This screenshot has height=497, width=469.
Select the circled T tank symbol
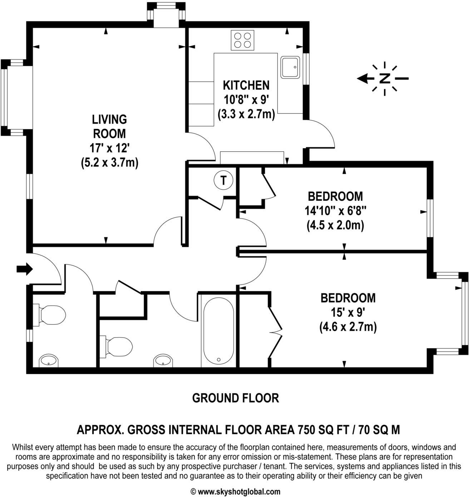(x=223, y=181)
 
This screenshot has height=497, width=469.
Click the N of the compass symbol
(x=384, y=79)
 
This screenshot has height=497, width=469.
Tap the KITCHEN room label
(x=246, y=85)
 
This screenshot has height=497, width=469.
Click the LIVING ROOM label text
(x=109, y=126)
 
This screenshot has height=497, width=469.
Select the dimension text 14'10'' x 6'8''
(x=335, y=211)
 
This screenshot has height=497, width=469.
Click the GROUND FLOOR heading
(x=235, y=398)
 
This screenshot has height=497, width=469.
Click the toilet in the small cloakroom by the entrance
(x=52, y=315)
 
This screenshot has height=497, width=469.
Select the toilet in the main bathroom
(x=119, y=346)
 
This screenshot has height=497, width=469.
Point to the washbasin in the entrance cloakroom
(x=48, y=361)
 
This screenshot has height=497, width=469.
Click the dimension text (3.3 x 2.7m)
(x=246, y=114)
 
